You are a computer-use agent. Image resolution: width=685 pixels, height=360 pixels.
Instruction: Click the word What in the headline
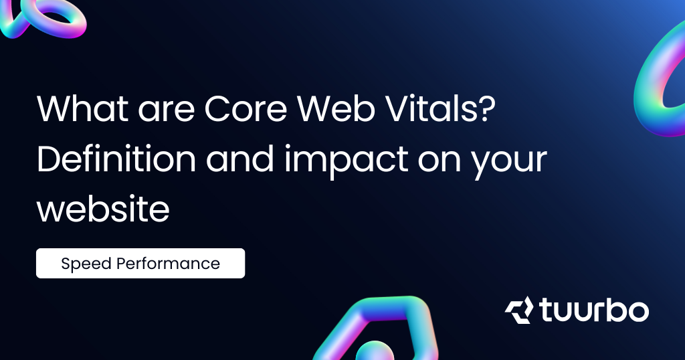coord(82,108)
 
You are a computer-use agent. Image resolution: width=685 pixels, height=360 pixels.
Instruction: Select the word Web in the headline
coord(336,108)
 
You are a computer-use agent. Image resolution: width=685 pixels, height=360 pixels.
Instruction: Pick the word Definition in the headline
coord(116,159)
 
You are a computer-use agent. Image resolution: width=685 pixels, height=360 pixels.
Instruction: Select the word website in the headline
coord(103,209)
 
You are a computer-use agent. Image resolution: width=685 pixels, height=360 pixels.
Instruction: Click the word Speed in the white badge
coord(86,264)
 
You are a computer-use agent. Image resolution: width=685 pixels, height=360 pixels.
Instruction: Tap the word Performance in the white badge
coord(168,264)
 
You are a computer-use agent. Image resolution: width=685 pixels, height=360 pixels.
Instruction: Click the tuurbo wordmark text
coord(594,310)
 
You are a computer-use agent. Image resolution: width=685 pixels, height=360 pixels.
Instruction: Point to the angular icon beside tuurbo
coord(519,310)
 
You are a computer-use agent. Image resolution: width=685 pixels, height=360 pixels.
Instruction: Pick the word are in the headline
coord(167,112)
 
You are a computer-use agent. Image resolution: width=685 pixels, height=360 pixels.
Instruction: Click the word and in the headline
coord(240,159)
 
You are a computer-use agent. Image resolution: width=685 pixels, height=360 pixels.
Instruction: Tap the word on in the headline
coord(439,162)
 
